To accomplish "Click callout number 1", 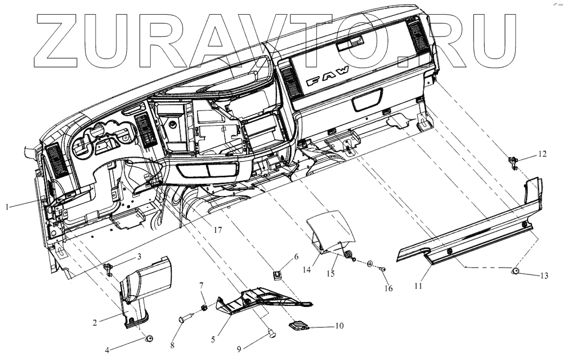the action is (7, 207).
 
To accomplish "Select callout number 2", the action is (96, 323).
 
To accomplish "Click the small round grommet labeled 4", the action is (150, 338).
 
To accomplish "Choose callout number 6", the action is (296, 256).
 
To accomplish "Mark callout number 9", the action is (239, 349).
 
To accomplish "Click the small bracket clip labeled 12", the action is (513, 162).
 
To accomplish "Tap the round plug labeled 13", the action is (515, 272).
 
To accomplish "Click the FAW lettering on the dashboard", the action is (327, 76).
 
